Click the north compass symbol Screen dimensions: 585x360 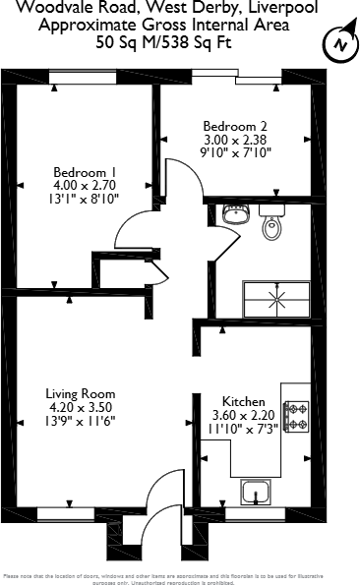pos(339,44)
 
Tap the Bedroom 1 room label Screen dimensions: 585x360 pos(84,170)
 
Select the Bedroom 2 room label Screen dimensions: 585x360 pos(235,126)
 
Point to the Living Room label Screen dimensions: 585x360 pos(84,391)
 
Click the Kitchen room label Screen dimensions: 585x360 pos(242,402)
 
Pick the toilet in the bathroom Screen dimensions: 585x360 pos(272,226)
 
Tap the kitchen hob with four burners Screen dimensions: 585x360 pos(296,416)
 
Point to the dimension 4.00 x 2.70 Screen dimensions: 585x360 pos(84,184)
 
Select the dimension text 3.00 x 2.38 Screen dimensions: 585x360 pos(235,140)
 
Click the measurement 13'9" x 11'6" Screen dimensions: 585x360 pos(84,420)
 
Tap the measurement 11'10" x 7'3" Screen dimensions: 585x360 pos(242,431)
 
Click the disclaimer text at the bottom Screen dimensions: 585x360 pos(180,577)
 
